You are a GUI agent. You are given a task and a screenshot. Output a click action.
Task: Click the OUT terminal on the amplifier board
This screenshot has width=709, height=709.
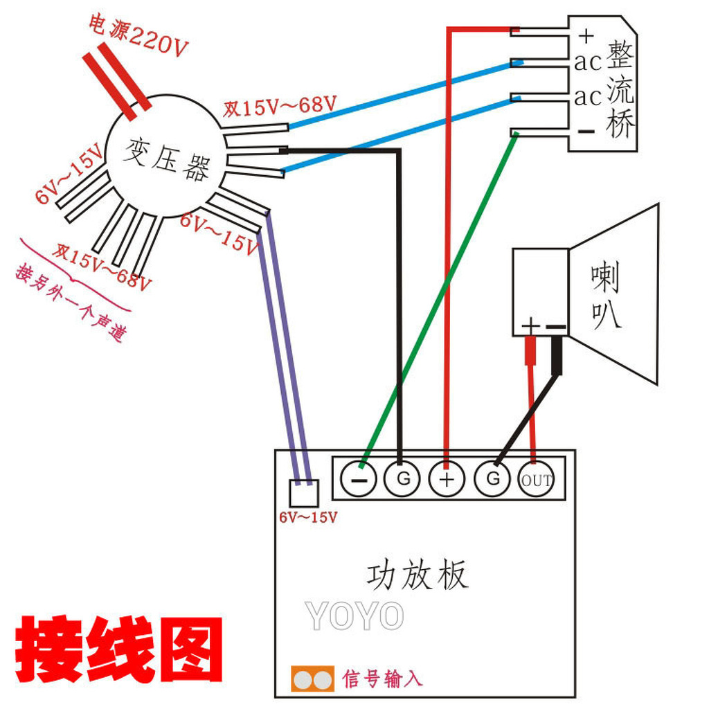tap(537, 479)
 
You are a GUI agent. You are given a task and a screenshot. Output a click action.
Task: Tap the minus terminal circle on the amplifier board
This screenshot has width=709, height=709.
tap(359, 479)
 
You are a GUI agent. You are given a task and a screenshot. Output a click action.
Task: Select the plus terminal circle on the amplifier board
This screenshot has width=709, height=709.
tap(447, 479)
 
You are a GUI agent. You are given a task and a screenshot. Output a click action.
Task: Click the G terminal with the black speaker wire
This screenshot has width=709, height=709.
tap(492, 478)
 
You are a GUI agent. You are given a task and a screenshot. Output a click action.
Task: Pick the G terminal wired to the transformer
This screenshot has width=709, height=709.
tap(402, 478)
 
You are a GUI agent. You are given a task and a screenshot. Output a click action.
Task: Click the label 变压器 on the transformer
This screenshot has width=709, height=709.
tap(166, 159)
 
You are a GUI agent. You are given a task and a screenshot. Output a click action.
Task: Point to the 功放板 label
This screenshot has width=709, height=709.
tap(417, 575)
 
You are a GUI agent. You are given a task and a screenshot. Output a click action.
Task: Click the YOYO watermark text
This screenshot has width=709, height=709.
tap(354, 616)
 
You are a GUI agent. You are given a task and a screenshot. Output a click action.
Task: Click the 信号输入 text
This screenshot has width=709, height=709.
tap(382, 679)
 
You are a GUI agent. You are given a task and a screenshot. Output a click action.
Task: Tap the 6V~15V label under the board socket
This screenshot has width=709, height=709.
tap(308, 517)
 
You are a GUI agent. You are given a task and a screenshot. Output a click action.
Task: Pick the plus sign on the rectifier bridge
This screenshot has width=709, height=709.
tap(586, 35)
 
